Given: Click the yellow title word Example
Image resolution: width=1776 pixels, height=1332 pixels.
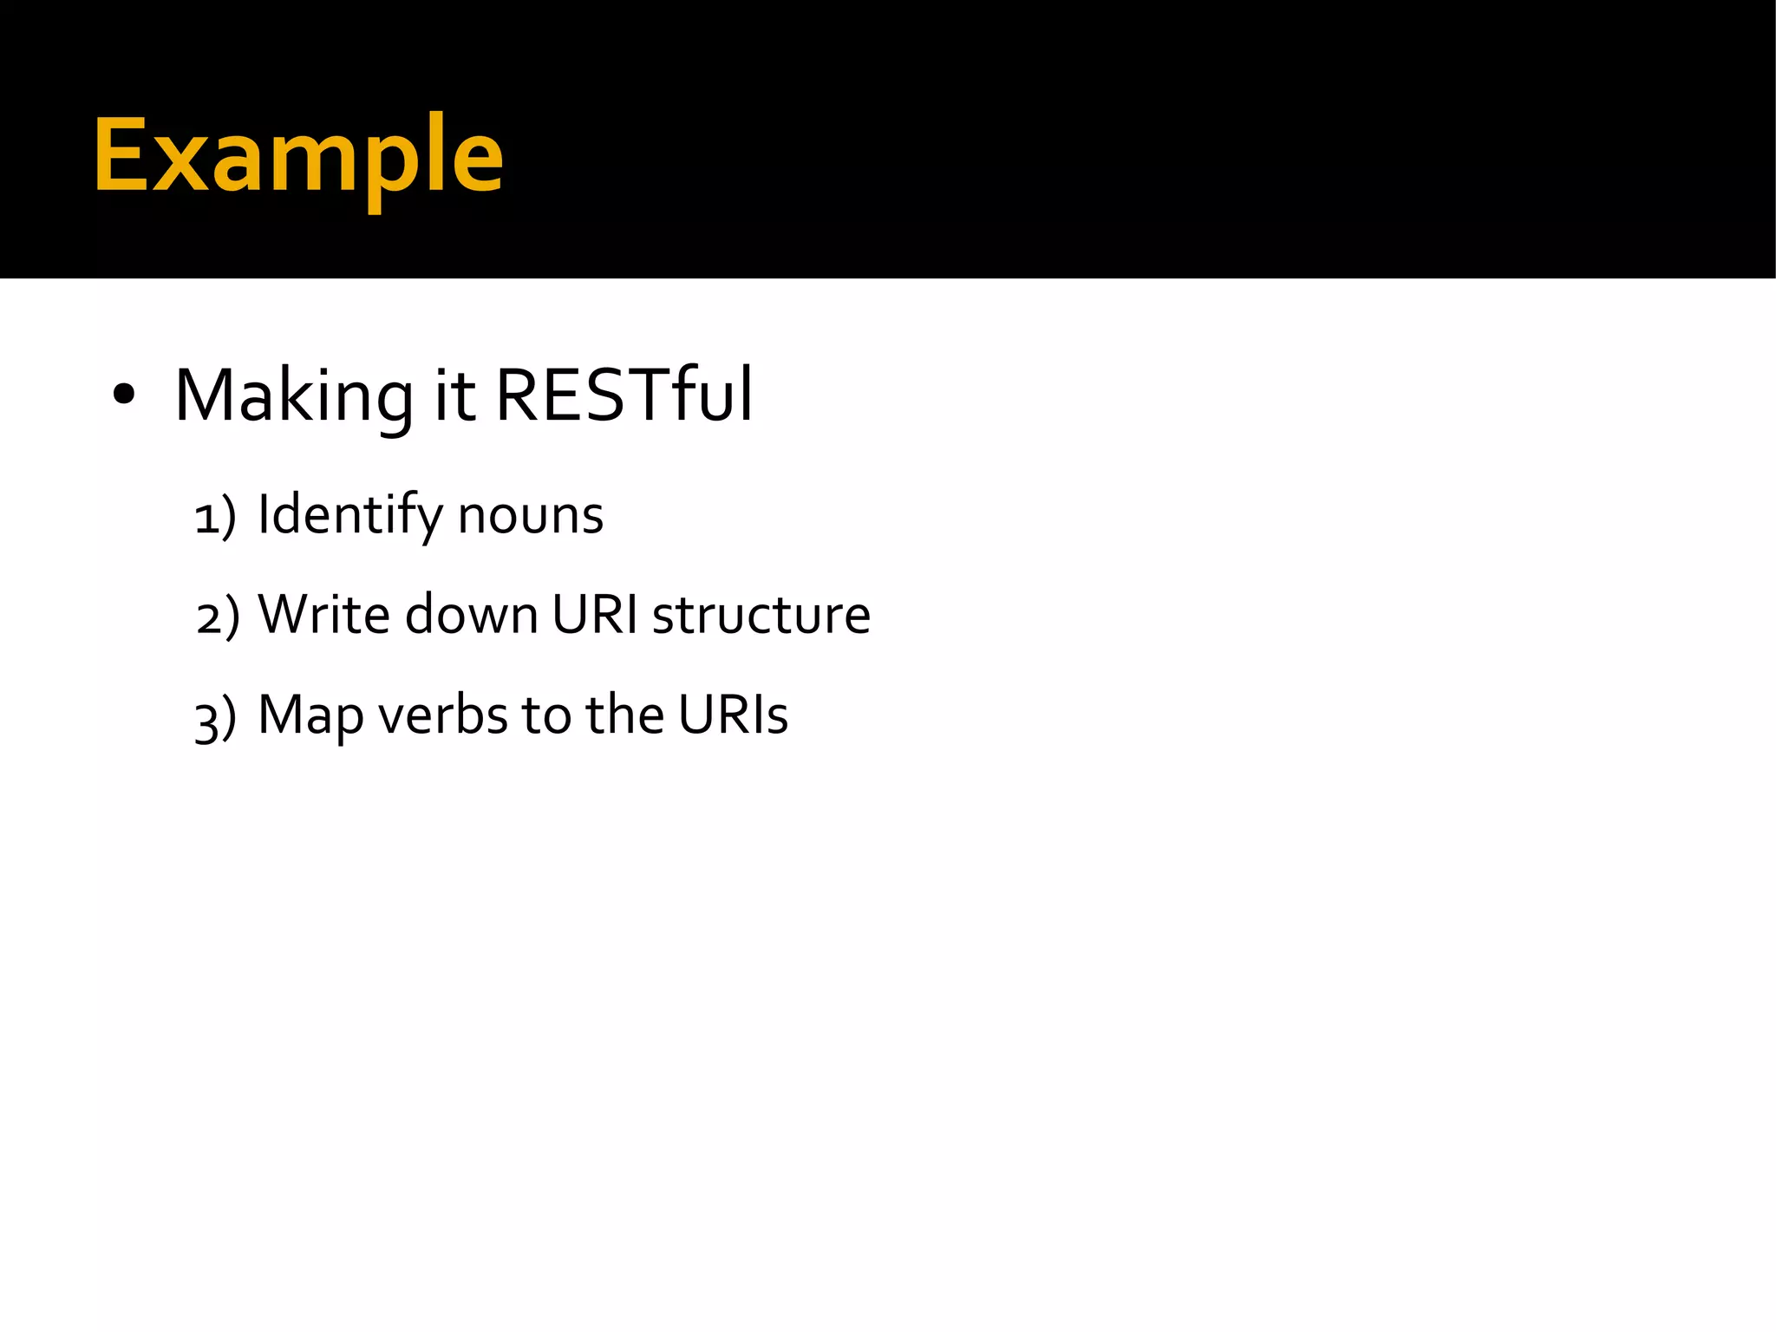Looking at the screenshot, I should tap(298, 156).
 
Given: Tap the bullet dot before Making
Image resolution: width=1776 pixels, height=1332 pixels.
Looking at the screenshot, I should tap(124, 395).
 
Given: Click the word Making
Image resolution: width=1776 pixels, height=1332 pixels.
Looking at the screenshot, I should tap(293, 397).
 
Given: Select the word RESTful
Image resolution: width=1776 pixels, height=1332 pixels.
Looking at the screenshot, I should tap(624, 395).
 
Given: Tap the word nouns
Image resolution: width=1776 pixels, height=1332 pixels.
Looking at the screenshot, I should tap(530, 517).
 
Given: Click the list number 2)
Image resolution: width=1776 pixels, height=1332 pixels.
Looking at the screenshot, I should tap(217, 617).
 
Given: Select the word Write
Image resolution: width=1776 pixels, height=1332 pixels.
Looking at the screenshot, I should tap(323, 615).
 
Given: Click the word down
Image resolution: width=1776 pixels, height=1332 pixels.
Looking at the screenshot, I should tap(471, 615).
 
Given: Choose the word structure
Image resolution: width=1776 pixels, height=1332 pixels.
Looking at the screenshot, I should tap(761, 617).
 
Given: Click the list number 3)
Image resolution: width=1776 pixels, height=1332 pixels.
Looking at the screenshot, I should tap(215, 718).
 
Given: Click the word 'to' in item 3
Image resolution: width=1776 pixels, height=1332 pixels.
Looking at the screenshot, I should tap(545, 716).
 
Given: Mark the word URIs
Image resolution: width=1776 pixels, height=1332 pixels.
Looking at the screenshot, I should tap(733, 716).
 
